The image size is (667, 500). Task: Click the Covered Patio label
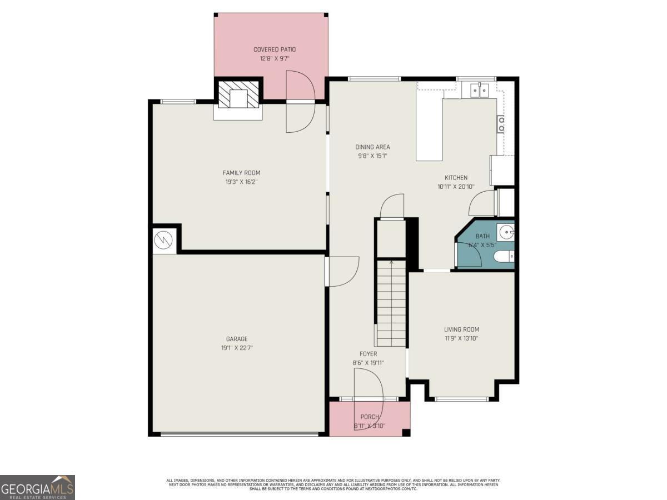tap(275, 49)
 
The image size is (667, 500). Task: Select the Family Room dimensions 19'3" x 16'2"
tap(241, 182)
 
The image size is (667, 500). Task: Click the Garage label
tap(237, 339)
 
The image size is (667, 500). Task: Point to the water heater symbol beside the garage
tap(163, 240)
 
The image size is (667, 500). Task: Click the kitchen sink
tap(479, 89)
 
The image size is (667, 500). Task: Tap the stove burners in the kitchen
tap(501, 124)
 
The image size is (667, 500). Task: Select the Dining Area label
tap(372, 147)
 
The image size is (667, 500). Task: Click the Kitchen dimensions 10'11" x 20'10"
tap(456, 187)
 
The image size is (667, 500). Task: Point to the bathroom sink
tap(506, 232)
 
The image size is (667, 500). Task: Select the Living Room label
tap(461, 329)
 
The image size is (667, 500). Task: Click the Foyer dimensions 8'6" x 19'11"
tap(368, 363)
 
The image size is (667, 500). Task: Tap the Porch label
tap(370, 417)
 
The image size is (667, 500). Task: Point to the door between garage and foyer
tap(342, 271)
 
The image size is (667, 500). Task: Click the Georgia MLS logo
tap(37, 487)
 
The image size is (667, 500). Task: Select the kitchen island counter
tap(429, 130)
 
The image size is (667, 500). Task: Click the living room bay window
tap(461, 398)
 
